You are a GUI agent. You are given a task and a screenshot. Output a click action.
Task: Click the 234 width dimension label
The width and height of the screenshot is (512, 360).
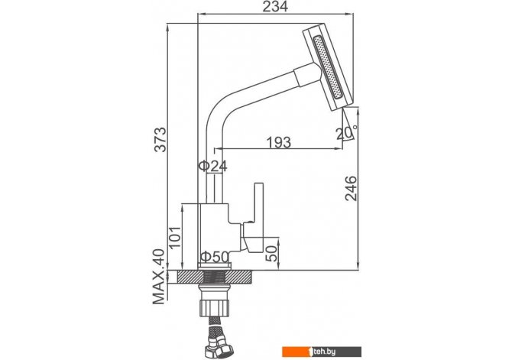point(275,6)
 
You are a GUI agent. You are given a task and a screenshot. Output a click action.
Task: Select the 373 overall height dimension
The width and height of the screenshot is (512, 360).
point(160,140)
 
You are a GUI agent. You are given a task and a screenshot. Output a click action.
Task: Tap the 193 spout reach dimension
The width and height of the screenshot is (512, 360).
point(278,142)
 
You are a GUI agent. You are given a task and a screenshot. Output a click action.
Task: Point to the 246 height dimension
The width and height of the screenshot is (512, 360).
point(352,188)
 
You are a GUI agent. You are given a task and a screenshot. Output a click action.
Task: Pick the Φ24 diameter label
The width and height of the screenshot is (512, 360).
point(213,167)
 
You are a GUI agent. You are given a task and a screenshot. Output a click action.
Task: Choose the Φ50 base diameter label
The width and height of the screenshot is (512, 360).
point(215,257)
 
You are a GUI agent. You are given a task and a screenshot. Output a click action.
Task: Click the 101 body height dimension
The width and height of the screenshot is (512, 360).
point(174,238)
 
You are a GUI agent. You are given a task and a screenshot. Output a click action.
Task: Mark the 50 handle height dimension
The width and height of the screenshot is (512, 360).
point(271,254)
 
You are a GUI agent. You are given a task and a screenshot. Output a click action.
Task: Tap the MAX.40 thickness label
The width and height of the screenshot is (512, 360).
point(159,277)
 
